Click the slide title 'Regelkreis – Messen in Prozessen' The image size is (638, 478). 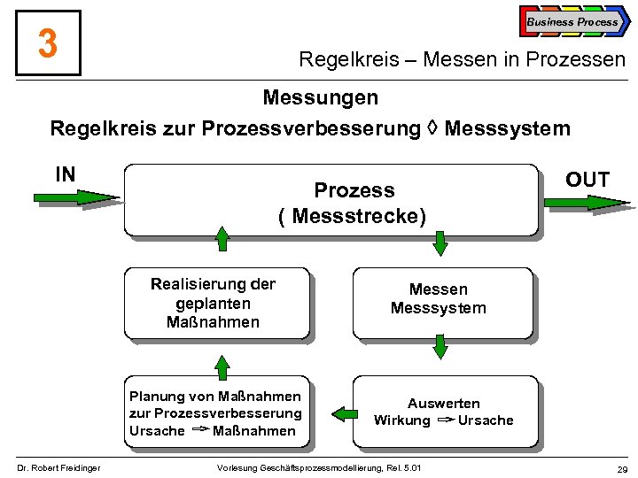tap(462, 60)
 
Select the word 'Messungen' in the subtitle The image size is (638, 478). tap(320, 96)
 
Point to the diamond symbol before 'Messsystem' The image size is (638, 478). tap(432, 129)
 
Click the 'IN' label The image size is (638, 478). tap(65, 174)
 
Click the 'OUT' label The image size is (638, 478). tap(587, 181)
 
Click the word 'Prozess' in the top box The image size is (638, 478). tap(354, 190)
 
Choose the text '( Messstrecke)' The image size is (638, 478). tap(352, 215)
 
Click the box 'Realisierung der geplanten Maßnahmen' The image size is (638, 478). tap(216, 304)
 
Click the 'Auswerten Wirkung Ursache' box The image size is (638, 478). tap(443, 412)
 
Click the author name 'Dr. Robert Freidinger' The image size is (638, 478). tap(59, 467)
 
